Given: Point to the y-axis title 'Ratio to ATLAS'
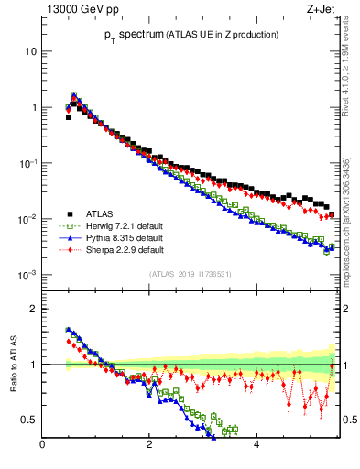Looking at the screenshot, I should (x=14, y=364).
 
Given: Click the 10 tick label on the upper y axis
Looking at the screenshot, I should (x=31, y=51).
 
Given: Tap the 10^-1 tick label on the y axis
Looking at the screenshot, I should (x=27, y=163).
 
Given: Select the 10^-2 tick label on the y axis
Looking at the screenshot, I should (x=27, y=219).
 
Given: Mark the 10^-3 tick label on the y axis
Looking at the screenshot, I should (x=27, y=275).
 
